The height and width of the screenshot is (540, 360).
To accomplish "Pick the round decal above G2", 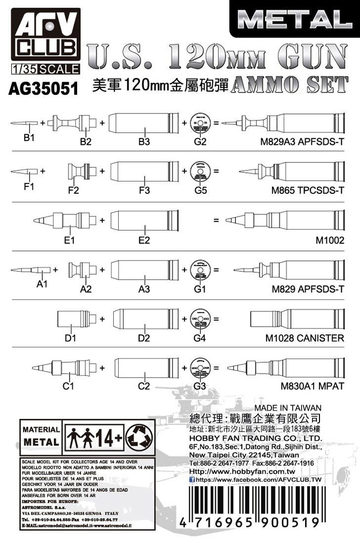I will tap(201, 124).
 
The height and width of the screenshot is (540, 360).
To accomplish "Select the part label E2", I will tap(144, 240).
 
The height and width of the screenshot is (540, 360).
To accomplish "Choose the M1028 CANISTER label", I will tap(305, 338).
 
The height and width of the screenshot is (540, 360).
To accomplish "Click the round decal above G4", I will tap(200, 318).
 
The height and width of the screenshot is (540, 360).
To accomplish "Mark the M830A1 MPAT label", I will tap(313, 387).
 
